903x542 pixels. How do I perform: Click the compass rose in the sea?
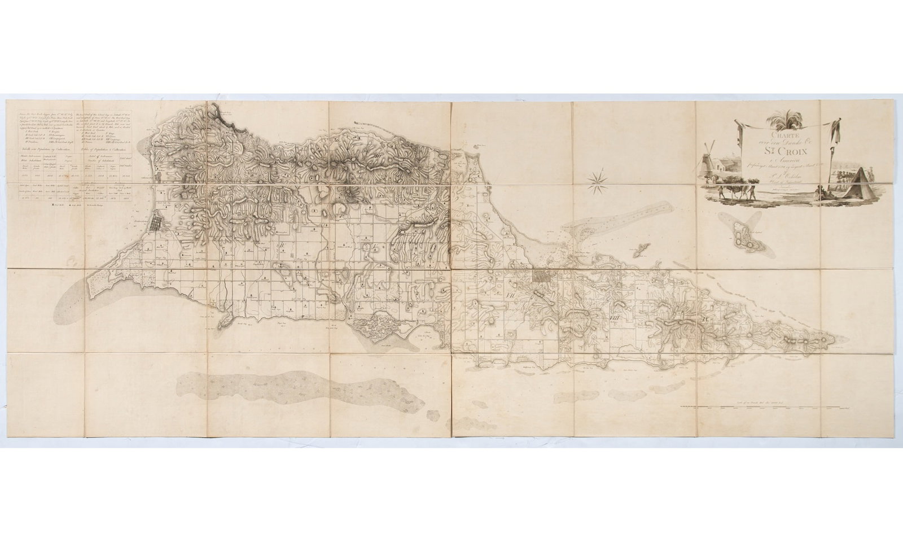[x=597, y=181]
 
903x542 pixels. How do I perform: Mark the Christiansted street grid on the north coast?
[x=544, y=278]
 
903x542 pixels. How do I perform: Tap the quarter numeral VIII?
[x=616, y=318]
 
